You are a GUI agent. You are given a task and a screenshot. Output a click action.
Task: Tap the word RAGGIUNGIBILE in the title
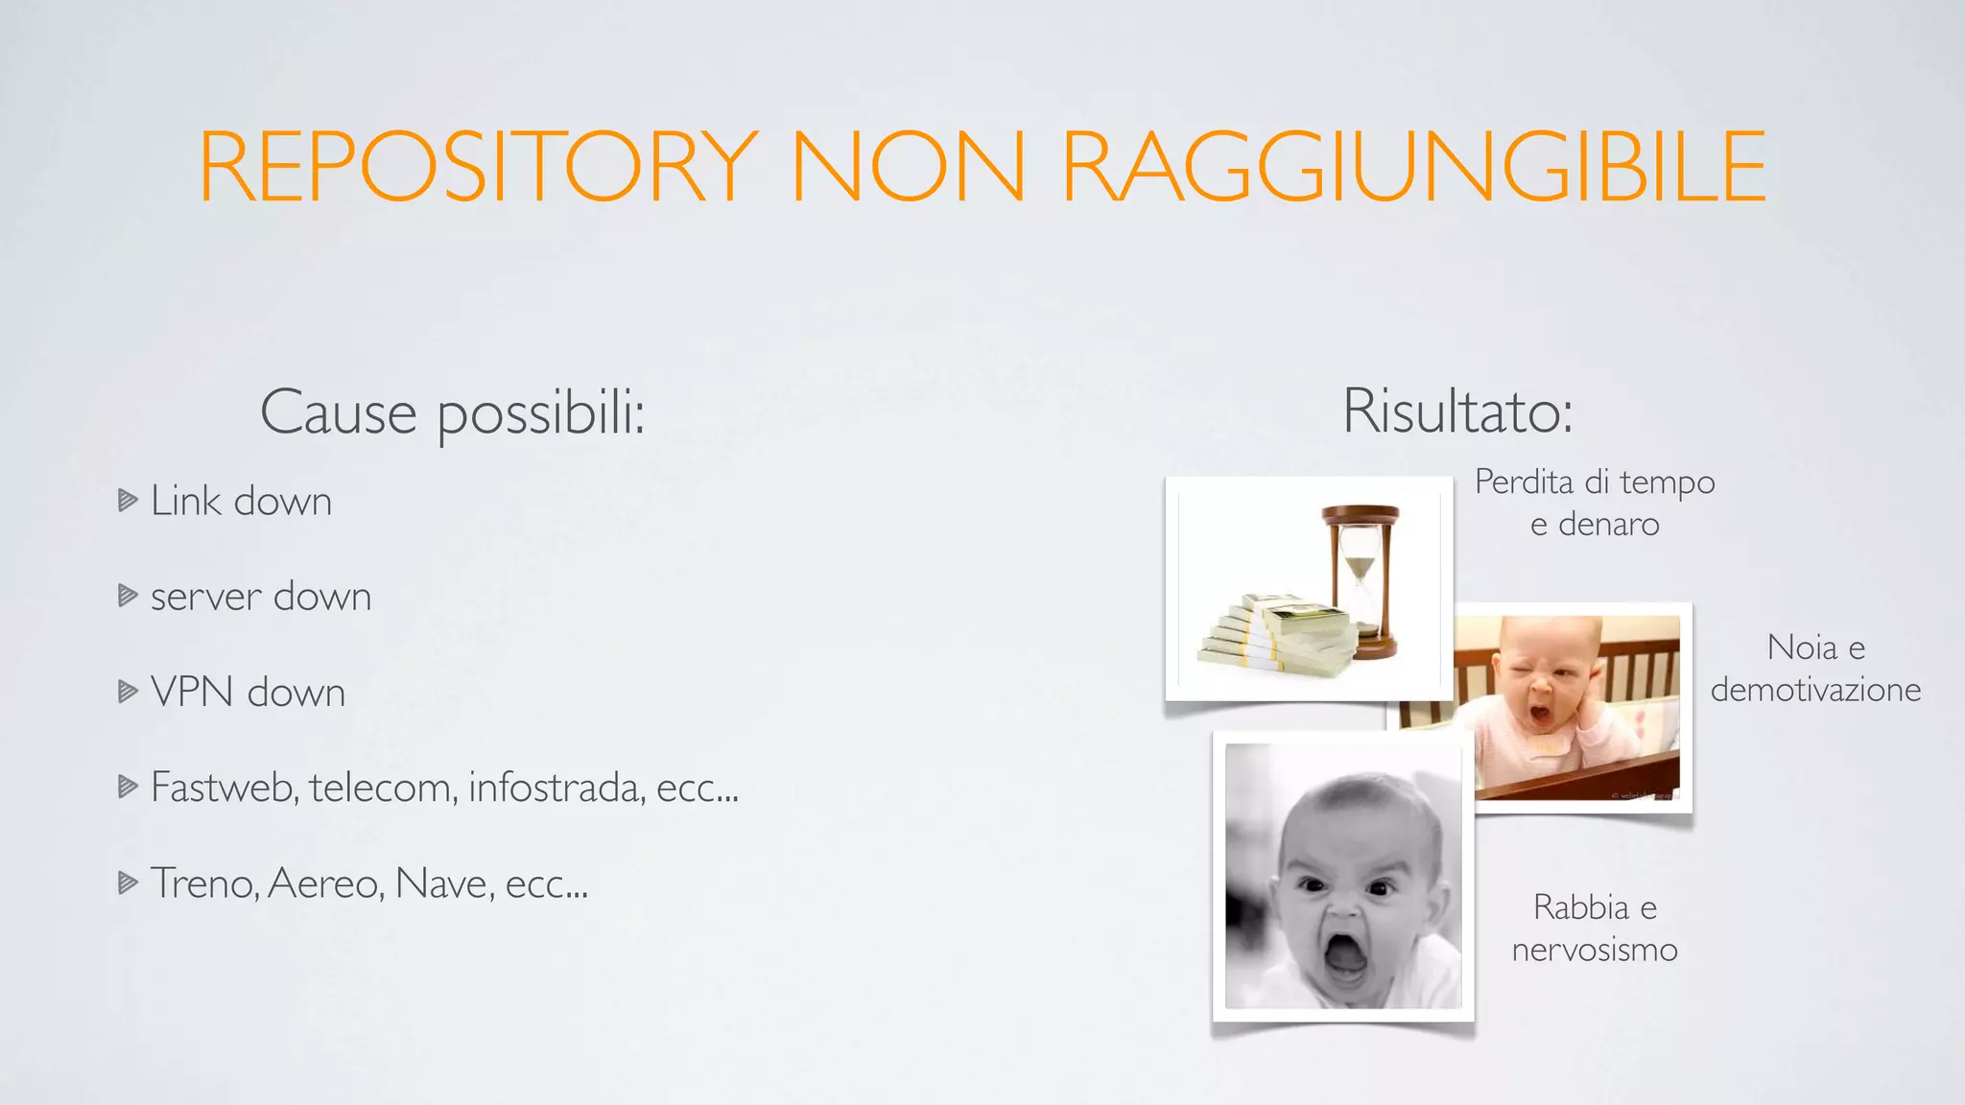tap(1413, 167)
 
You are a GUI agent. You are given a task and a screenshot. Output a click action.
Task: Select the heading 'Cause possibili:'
tap(452, 413)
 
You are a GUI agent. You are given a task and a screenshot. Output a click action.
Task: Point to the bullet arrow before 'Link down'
tap(128, 500)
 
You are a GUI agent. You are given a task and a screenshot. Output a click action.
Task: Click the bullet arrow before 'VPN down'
tap(128, 692)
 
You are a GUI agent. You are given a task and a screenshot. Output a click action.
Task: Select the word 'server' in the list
tap(205, 598)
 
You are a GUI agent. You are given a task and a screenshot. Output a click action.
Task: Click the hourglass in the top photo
tap(1361, 580)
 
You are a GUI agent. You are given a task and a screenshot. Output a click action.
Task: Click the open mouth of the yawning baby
tap(1541, 715)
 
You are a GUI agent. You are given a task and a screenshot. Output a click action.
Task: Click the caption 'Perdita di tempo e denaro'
tap(1595, 503)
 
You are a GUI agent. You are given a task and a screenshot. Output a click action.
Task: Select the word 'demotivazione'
tap(1815, 690)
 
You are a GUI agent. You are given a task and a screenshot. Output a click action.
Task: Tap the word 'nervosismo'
tap(1595, 950)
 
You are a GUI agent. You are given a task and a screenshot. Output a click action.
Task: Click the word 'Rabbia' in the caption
tap(1580, 907)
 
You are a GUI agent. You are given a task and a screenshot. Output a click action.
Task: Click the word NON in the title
tap(908, 167)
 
